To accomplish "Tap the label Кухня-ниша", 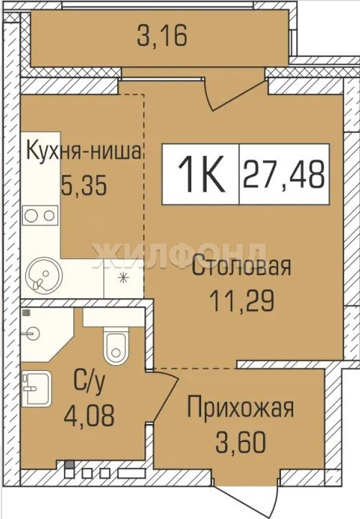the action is point(84,152).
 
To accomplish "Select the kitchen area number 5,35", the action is point(84,185).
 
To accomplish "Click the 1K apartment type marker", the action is point(201,174).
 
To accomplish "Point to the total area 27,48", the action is point(284,174).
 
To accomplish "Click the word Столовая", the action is point(241,267).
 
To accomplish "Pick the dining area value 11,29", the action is point(241,301).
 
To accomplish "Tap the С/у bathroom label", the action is point(89,382).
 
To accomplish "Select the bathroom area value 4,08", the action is point(89,415).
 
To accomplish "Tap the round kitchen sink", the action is point(44,275).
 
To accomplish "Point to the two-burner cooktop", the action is point(40,216).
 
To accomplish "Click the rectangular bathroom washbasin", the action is point(37,388).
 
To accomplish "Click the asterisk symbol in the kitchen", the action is point(123,277).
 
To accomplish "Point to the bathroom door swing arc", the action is point(165,398).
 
